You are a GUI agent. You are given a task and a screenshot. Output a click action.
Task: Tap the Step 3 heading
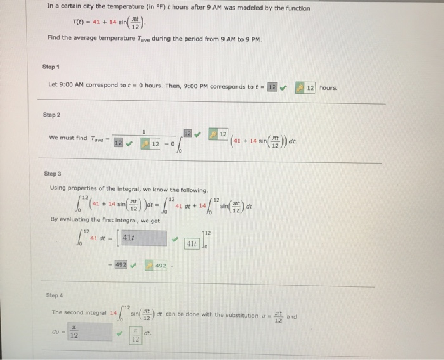click(53, 173)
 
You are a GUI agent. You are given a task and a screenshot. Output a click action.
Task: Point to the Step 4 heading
click(55, 295)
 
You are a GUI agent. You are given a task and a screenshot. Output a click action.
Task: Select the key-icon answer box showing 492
click(156, 265)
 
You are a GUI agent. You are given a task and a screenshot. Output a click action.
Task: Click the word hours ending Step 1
click(329, 87)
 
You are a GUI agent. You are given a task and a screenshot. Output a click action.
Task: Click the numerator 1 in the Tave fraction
click(144, 131)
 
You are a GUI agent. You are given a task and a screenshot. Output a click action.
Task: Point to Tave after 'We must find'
click(98, 139)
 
